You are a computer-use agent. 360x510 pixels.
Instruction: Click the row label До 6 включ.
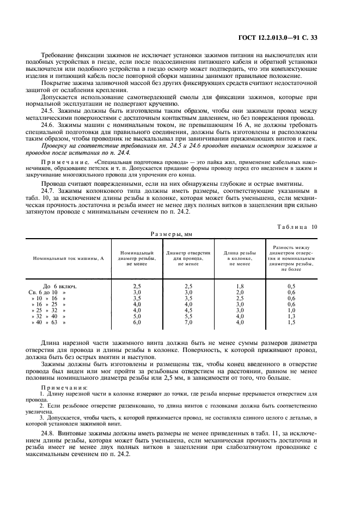tap(59, 286)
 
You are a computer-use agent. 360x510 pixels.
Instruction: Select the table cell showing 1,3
tap(291, 315)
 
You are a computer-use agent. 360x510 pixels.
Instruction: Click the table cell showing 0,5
tap(291, 286)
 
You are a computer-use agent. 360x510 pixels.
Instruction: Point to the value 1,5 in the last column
tap(291, 323)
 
